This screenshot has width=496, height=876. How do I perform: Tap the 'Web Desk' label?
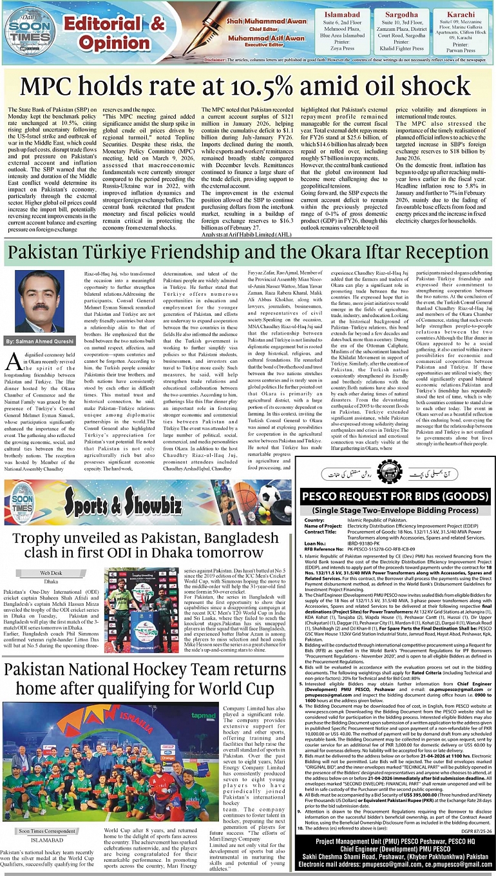pos(51,572)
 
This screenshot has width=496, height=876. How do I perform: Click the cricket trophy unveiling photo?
pos(141,604)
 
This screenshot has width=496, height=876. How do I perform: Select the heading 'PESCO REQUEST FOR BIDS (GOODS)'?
pos(394,497)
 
